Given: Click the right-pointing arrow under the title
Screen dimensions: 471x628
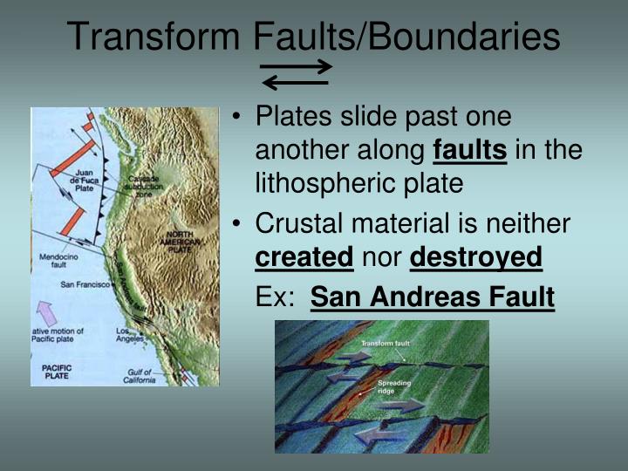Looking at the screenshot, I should point(297,66).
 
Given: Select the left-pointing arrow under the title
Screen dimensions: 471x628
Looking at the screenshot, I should point(296,83).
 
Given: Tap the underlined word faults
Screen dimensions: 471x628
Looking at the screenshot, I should point(469,151).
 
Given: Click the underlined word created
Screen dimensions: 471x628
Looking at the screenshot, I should point(304,258).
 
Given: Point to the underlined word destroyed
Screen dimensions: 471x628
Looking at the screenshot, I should point(475,258).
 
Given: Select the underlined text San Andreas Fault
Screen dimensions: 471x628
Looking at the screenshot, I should point(432,297).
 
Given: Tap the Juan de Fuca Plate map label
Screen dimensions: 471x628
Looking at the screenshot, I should point(83,179).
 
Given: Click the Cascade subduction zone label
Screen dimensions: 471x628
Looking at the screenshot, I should point(137,185).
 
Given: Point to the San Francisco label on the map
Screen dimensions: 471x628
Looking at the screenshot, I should point(84,284).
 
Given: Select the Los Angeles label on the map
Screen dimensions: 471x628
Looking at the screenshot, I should point(132,335).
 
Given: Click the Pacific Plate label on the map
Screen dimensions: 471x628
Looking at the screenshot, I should point(57,372).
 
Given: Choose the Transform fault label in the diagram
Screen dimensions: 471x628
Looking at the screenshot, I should point(385,344).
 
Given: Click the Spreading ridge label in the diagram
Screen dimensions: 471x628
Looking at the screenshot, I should point(392,387).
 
